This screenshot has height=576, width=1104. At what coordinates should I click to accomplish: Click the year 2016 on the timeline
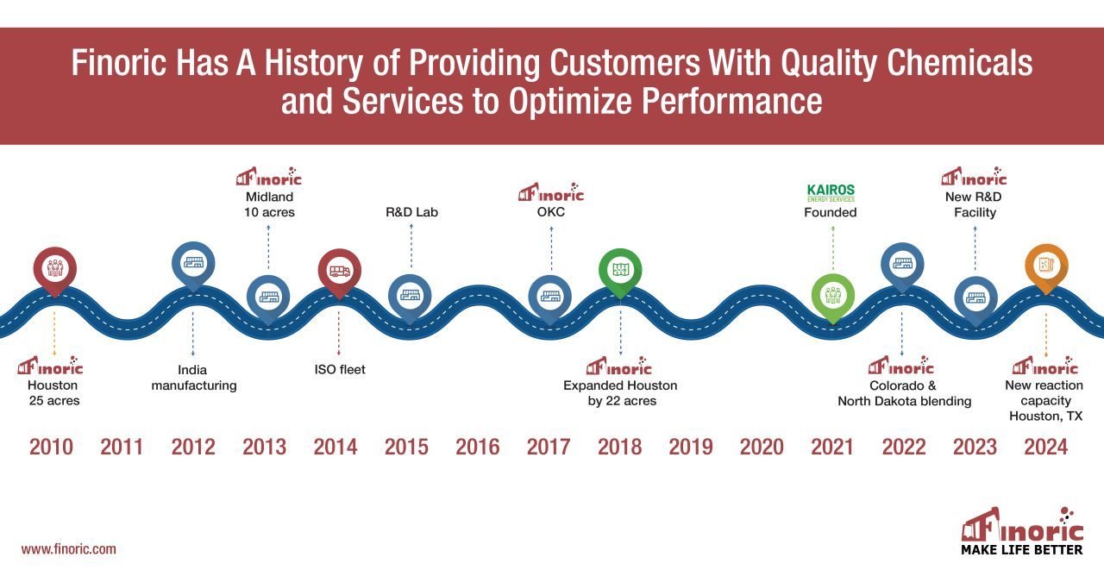[x=477, y=447]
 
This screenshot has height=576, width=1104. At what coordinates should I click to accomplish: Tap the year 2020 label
[x=762, y=447]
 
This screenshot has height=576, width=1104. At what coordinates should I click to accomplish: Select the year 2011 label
[x=122, y=447]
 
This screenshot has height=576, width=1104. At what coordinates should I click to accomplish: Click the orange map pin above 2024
[x=1046, y=268]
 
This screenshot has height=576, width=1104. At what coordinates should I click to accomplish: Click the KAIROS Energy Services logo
[x=831, y=192]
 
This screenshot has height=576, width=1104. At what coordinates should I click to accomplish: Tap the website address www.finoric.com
[x=68, y=549]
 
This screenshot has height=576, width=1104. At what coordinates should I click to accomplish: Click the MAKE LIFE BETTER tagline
[x=1022, y=550]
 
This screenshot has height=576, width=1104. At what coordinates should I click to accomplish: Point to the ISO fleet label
[x=340, y=370]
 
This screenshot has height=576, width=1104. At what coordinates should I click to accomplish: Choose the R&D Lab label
[x=411, y=212]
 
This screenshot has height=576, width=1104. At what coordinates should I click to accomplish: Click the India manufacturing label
[x=194, y=378]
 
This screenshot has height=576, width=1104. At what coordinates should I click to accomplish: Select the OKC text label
[x=551, y=212]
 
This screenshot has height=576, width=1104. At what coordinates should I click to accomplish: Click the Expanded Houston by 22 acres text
[x=620, y=392]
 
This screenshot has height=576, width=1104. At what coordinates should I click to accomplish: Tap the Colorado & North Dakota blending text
[x=905, y=393]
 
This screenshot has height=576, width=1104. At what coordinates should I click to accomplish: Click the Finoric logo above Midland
[x=268, y=177]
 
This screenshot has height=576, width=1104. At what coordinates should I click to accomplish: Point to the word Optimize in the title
[x=570, y=102]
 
